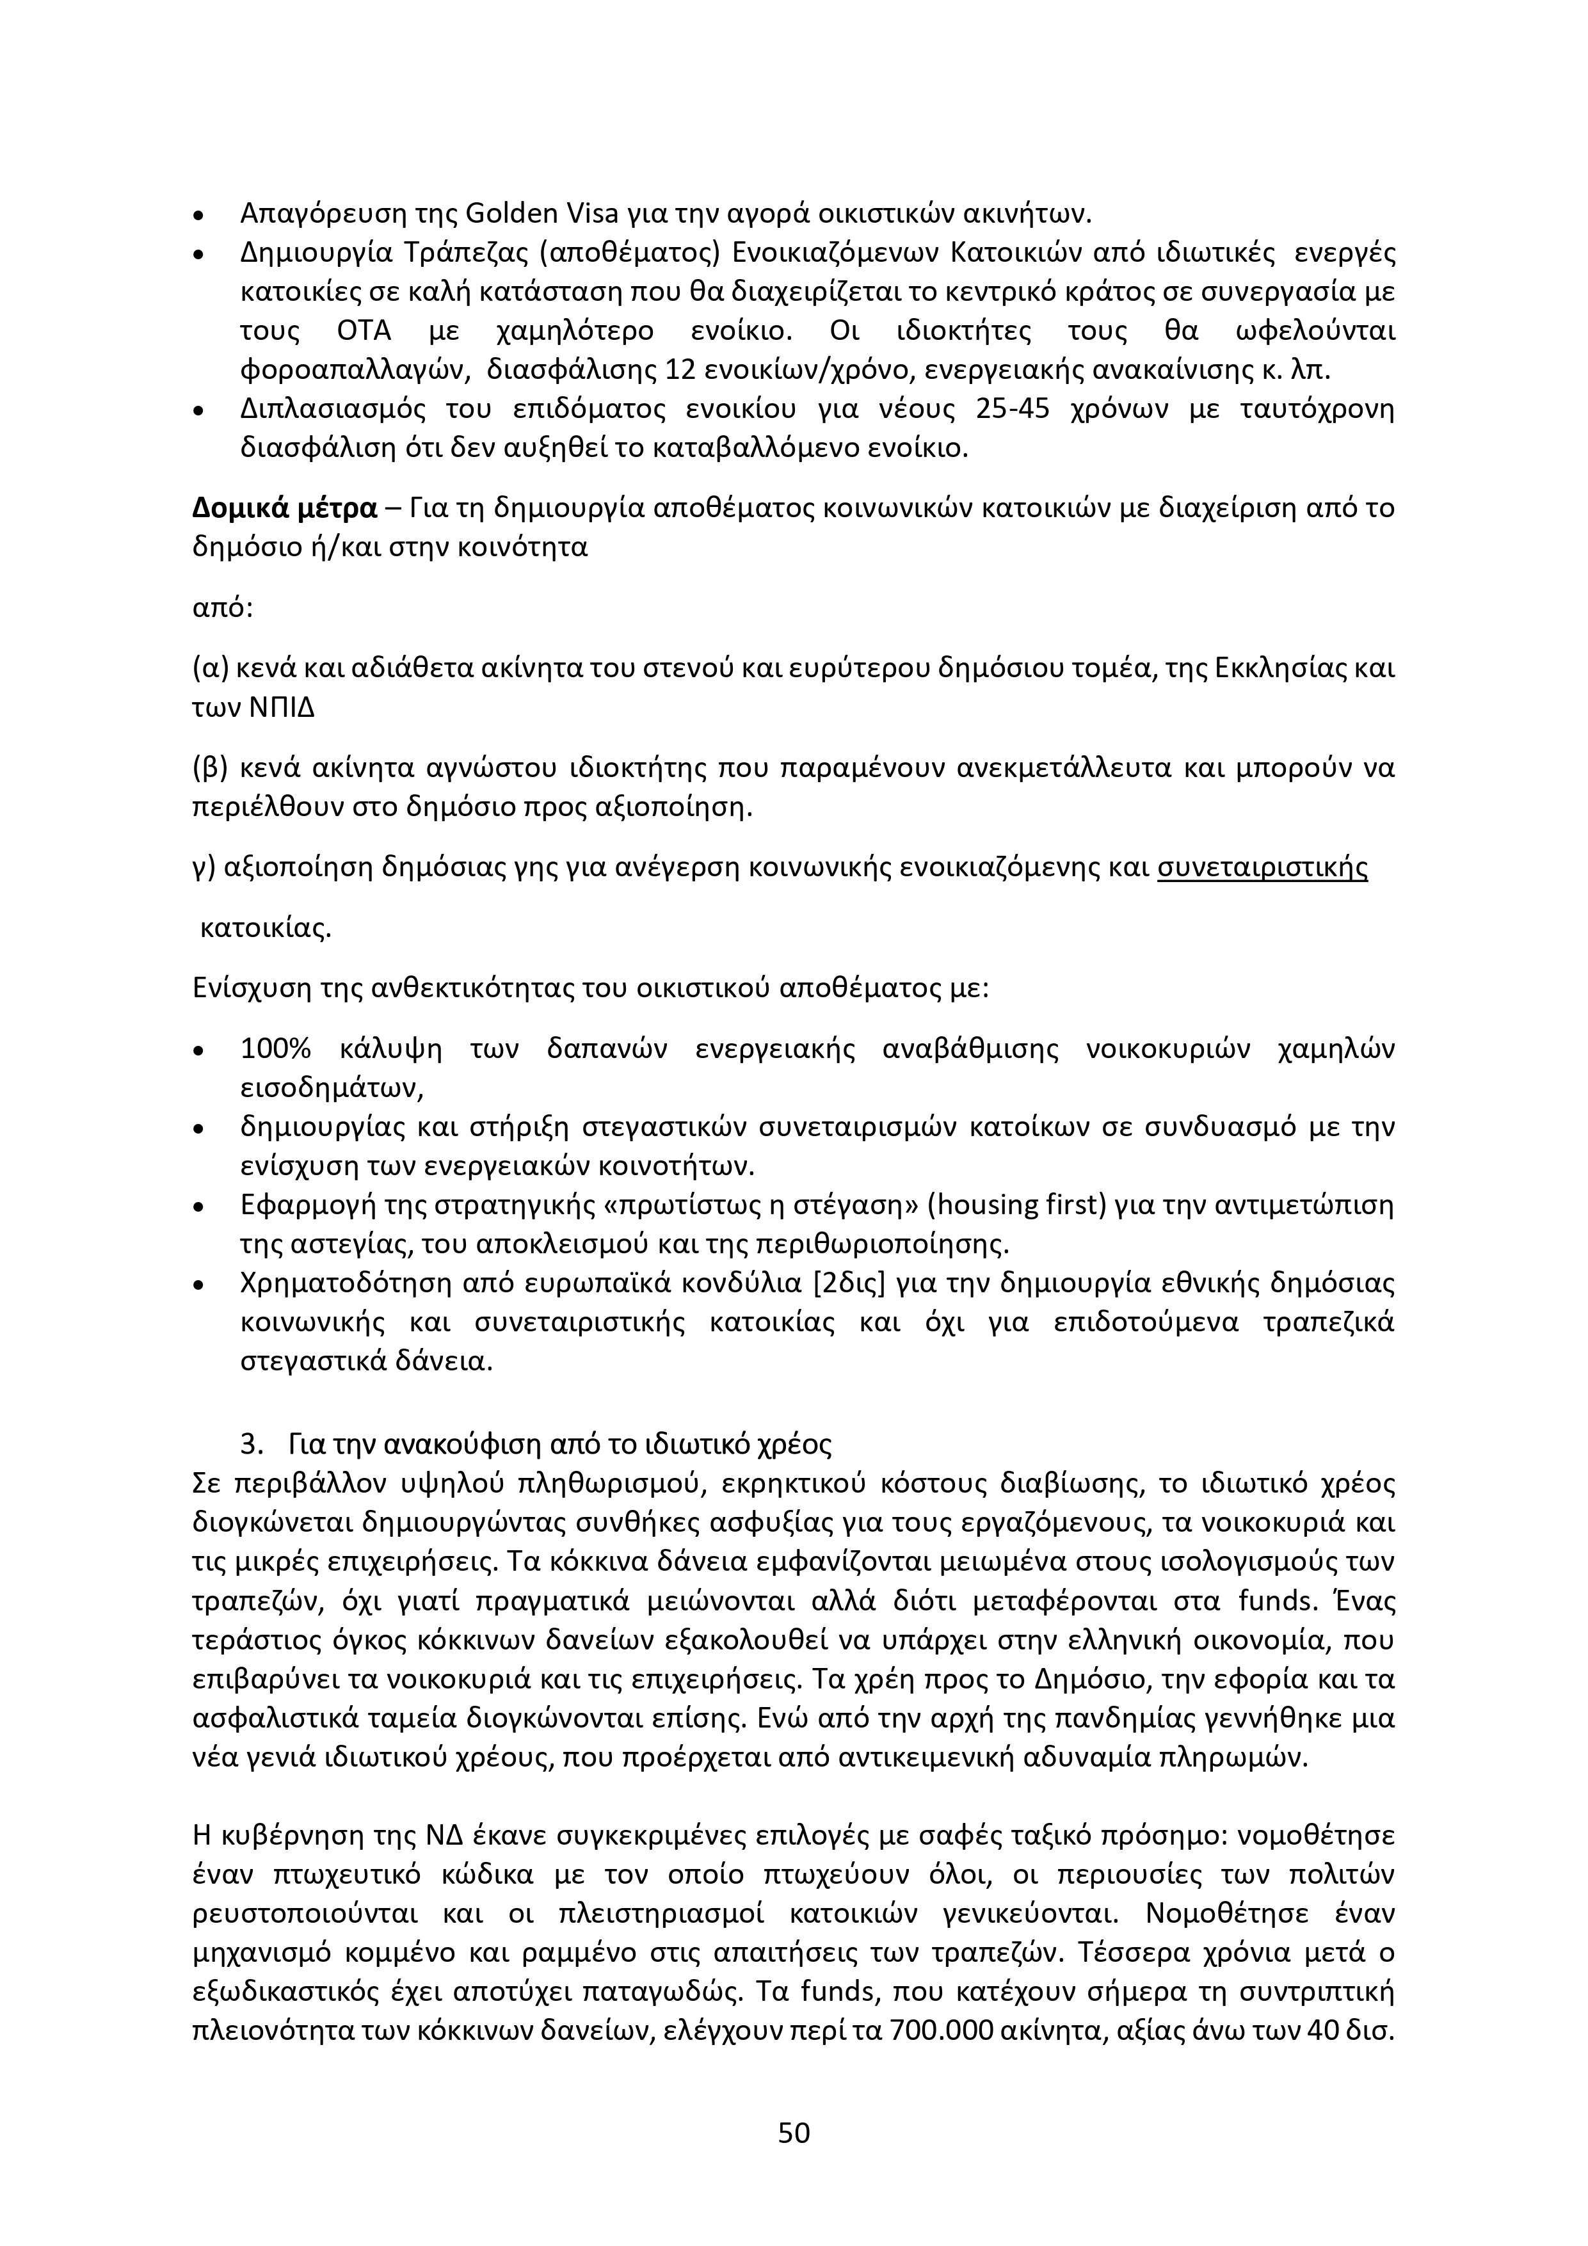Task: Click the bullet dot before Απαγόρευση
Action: click(200, 214)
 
